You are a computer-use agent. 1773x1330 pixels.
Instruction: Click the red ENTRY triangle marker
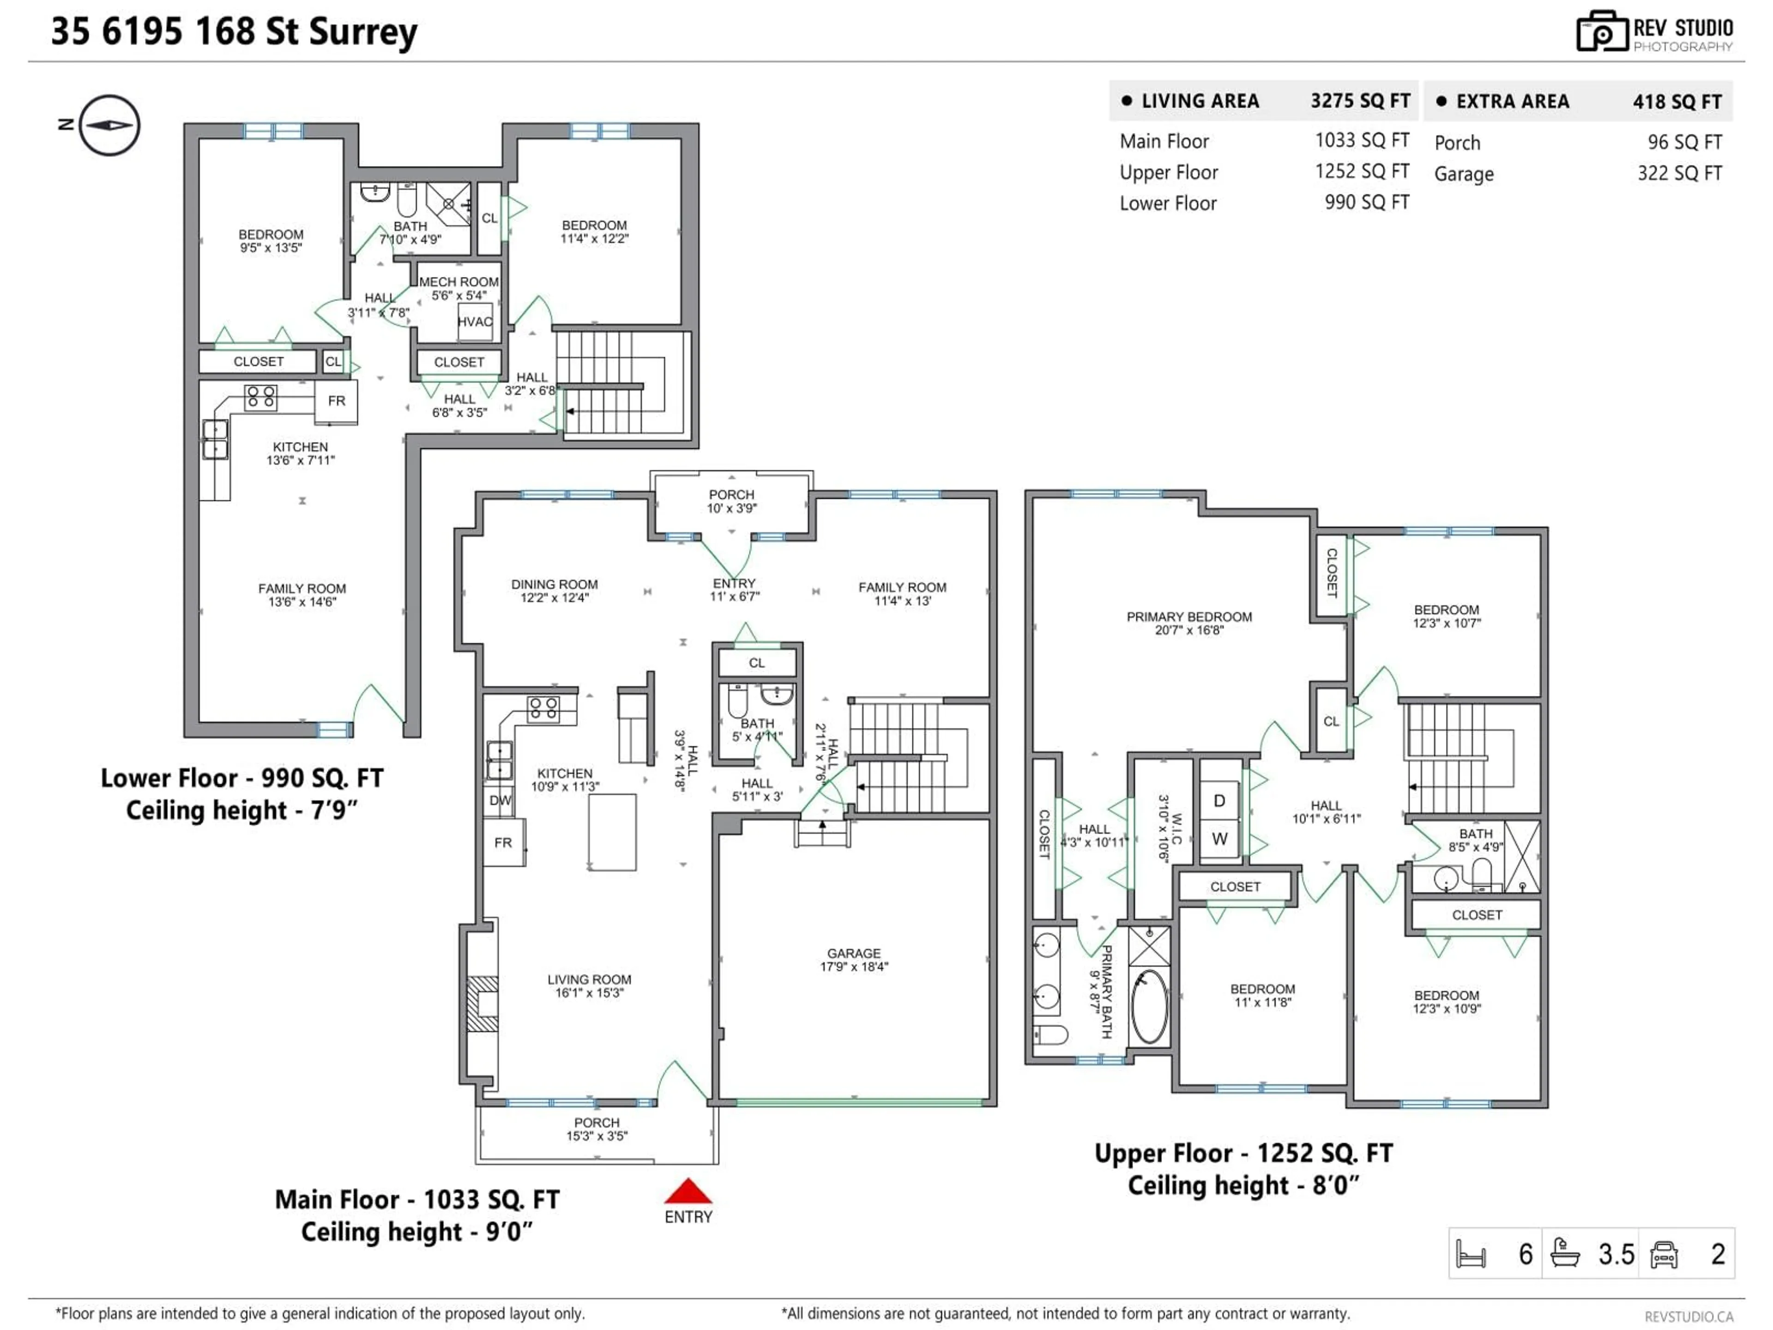687,1191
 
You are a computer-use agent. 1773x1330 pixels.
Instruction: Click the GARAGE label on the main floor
854,953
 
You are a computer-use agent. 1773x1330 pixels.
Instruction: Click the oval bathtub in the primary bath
1149,1006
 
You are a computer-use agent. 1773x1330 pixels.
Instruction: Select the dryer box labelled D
1219,801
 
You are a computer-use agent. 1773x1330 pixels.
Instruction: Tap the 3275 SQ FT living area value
1360,101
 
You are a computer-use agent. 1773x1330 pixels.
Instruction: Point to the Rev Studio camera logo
1601,31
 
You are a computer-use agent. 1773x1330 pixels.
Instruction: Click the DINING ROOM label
554,585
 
